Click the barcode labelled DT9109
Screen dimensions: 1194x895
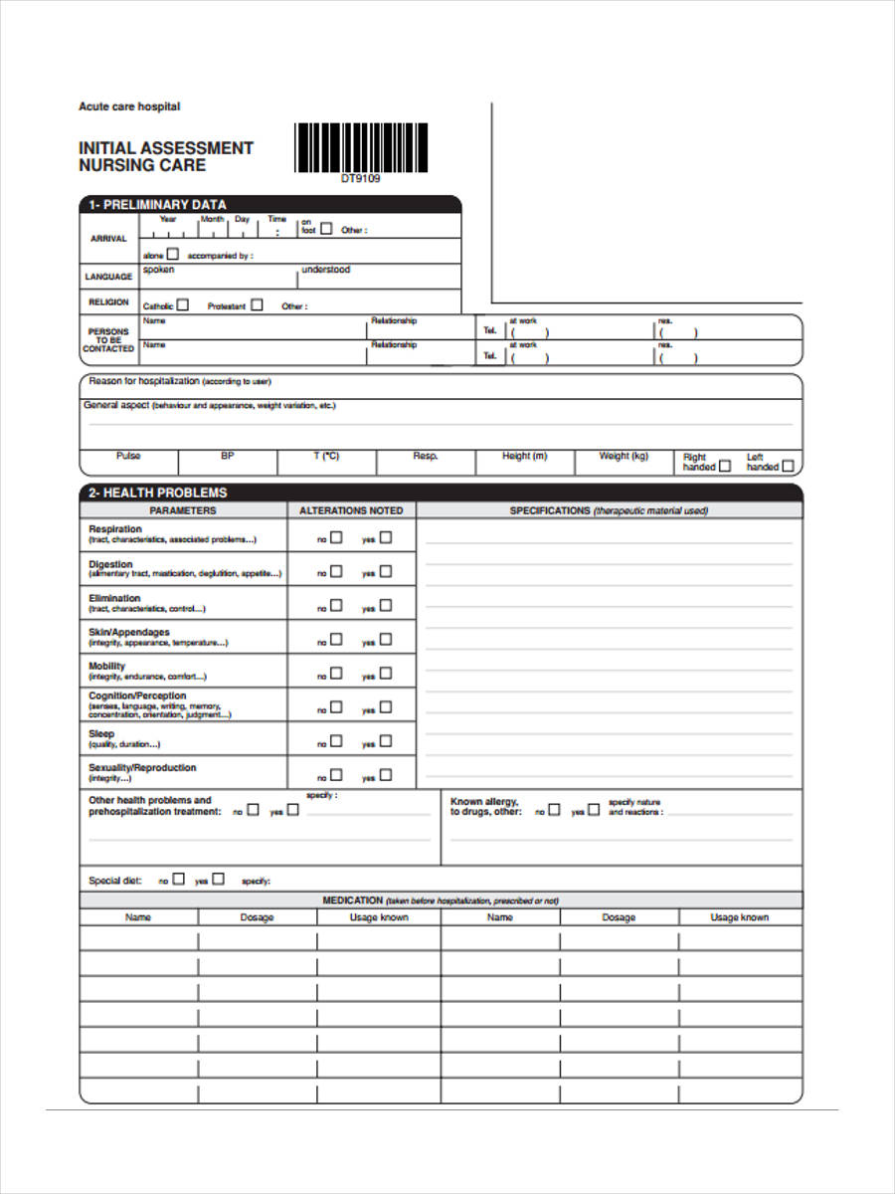pos(361,147)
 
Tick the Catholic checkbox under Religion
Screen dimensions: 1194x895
pos(182,305)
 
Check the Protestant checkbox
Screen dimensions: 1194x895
pos(257,305)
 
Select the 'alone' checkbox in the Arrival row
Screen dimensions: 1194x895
pos(173,255)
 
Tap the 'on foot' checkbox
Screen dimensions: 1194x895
pos(326,229)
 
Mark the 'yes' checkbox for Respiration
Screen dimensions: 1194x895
pos(386,537)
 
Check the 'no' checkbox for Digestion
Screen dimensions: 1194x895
pos(336,571)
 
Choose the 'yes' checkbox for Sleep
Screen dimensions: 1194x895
pos(386,740)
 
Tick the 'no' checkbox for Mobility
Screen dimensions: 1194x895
pos(336,673)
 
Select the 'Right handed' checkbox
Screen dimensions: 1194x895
pos(724,466)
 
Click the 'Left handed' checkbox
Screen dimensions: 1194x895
pos(788,466)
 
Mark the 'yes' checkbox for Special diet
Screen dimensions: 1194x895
pos(218,880)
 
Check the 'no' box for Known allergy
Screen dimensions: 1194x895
pos(554,810)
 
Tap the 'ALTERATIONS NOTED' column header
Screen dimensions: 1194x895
pos(351,510)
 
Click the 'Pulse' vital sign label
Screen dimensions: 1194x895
pos(128,456)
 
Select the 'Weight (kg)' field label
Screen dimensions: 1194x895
pos(624,456)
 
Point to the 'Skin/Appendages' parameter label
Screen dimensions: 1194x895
pos(129,632)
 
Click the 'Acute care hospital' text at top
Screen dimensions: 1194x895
pos(129,106)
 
